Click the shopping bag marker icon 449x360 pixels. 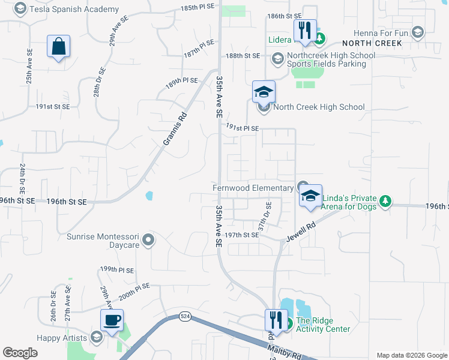click(x=58, y=47)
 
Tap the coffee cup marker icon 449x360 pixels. click(x=112, y=320)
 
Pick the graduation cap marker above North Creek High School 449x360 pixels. click(x=264, y=92)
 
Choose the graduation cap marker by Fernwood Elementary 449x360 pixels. click(x=310, y=196)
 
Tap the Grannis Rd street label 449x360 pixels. click(x=175, y=130)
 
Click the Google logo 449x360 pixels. click(x=20, y=352)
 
